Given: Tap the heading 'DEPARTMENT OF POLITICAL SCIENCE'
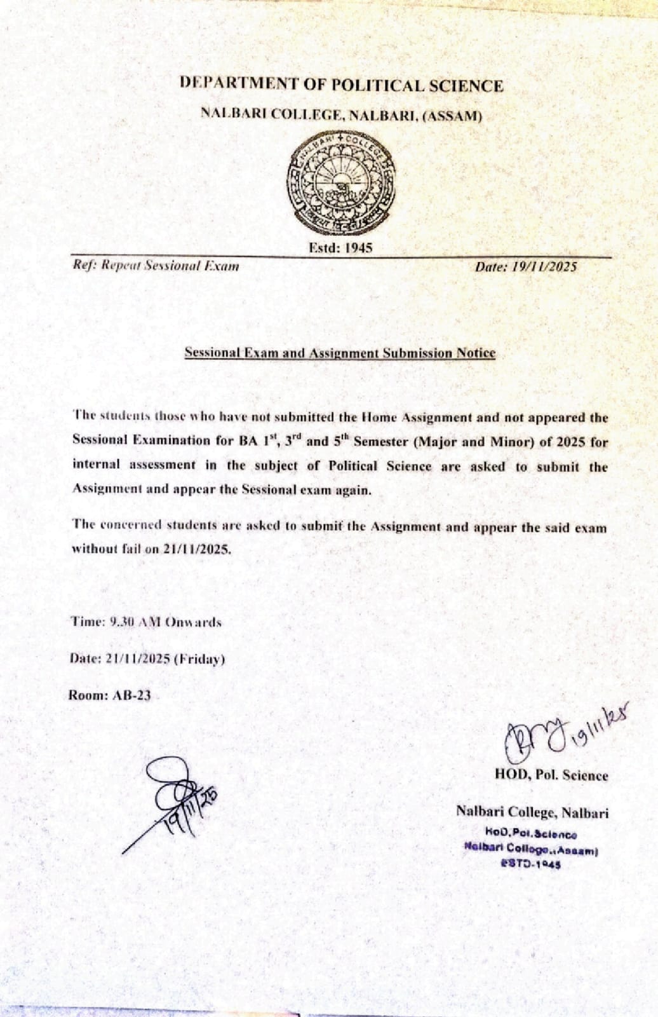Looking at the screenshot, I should click(x=341, y=85).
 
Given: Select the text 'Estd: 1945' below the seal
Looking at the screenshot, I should click(x=340, y=248).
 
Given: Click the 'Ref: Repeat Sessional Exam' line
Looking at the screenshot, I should click(x=156, y=266).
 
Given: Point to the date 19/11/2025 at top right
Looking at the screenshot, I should click(x=526, y=267).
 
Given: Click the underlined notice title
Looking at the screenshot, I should click(x=339, y=353).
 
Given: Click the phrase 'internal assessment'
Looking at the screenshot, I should click(x=134, y=465).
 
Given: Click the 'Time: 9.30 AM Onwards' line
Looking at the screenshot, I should click(x=146, y=622).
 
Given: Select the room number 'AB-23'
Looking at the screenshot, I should click(x=131, y=695).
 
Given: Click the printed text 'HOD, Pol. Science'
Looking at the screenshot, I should click(x=551, y=775).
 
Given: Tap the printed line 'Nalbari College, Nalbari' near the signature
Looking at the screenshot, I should click(x=532, y=812).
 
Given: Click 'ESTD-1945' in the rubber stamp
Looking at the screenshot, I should click(x=531, y=863).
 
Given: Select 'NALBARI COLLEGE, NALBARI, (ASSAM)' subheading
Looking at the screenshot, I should click(x=341, y=114).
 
